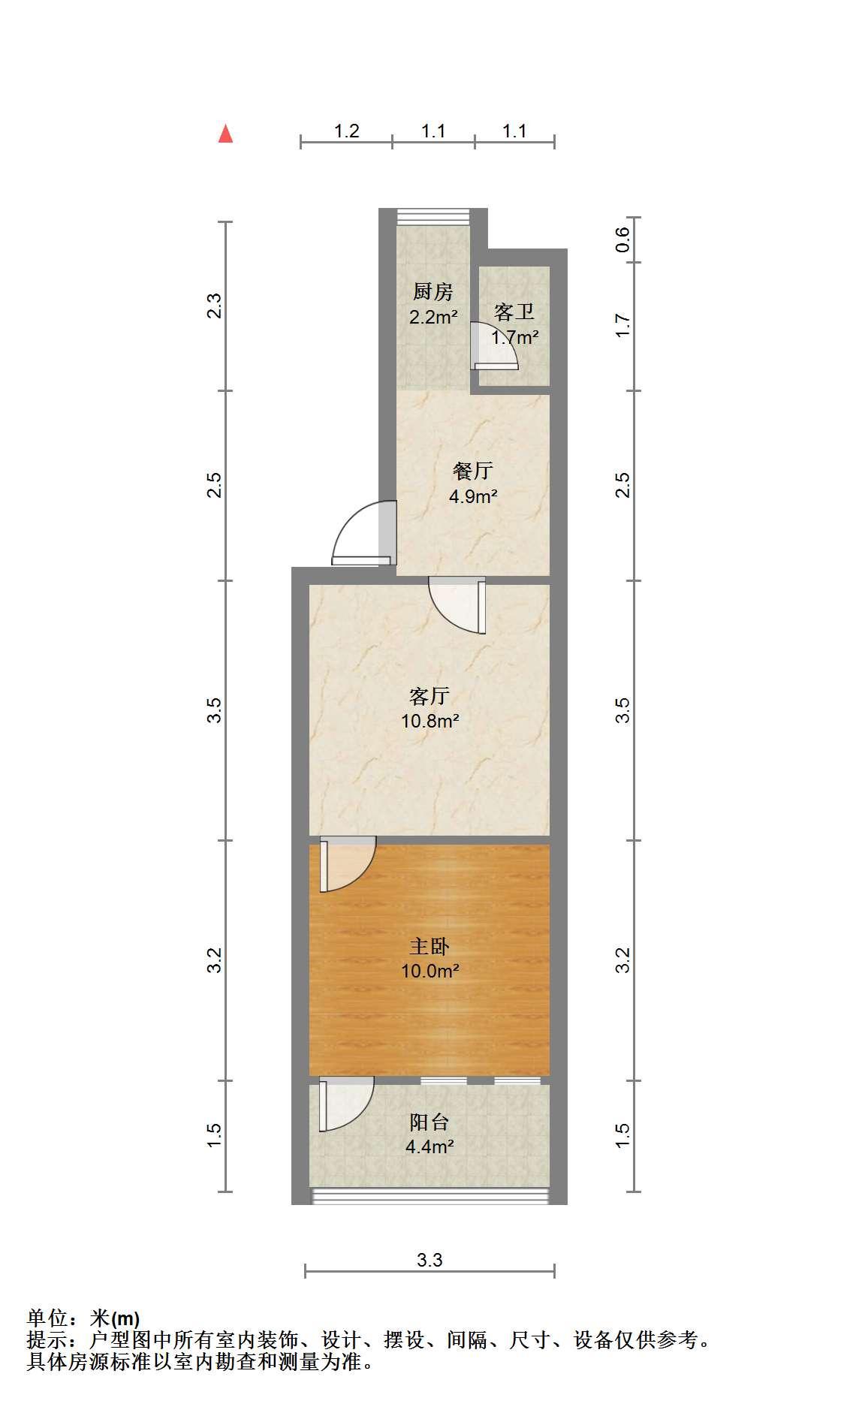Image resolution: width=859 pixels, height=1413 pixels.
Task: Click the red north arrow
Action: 225,134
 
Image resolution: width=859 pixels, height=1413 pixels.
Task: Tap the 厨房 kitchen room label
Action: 433,291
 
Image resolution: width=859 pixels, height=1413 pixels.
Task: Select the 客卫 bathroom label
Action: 514,312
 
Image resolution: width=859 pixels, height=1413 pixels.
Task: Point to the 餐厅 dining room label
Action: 473,471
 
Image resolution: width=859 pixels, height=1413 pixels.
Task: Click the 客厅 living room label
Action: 429,696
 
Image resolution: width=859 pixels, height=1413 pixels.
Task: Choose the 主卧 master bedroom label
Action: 429,946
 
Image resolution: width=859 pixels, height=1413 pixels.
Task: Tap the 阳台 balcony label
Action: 429,1122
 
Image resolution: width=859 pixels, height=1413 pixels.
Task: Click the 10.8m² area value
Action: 429,722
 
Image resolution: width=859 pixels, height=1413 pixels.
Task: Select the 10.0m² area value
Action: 429,972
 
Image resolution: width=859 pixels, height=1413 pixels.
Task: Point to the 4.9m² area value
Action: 473,496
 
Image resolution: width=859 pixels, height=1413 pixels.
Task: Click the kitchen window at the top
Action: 433,215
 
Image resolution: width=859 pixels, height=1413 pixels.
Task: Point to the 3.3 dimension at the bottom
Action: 429,1260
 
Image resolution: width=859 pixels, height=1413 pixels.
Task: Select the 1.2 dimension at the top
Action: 346,131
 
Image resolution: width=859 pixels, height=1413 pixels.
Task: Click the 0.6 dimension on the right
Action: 622,240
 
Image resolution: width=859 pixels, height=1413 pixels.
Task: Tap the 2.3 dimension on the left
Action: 216,306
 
